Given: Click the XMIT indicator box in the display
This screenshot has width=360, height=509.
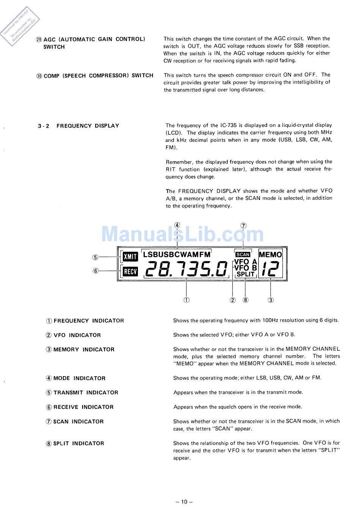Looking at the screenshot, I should [130, 257].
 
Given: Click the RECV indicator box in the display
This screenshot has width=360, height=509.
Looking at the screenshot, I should [130, 271].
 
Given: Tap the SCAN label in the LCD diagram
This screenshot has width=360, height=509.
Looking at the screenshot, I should [243, 254].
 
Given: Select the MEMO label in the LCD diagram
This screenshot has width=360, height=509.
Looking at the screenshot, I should [270, 255].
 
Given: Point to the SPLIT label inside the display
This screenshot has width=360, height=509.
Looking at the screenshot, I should [246, 274].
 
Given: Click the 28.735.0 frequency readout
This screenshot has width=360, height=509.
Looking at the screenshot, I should [186, 269].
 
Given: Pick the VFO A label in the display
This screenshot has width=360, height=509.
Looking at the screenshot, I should [246, 262].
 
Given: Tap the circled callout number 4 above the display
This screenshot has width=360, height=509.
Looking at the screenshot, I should [177, 225].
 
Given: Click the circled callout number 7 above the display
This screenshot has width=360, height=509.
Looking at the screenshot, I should [243, 226].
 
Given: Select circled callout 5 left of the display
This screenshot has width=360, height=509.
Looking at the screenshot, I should [95, 258].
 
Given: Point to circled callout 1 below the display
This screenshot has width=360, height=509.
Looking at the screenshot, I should [186, 300].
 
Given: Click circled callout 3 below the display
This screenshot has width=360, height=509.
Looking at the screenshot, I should [271, 300].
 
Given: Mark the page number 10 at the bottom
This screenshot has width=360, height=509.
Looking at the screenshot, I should [184, 502].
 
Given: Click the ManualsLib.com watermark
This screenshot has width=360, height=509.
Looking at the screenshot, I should [182, 234].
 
